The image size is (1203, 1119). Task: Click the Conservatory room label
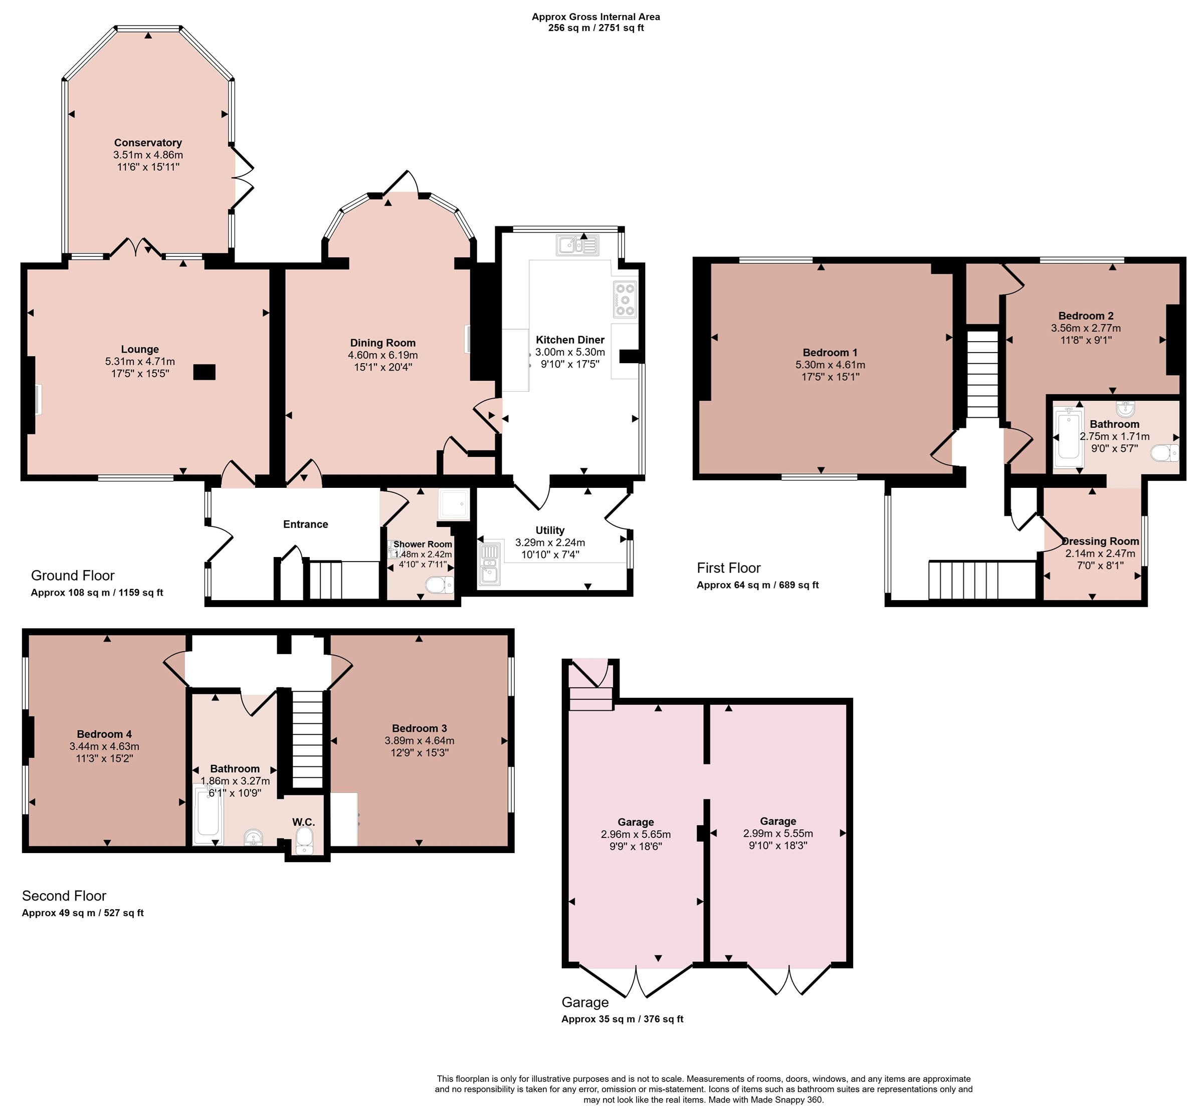pyautogui.click(x=148, y=143)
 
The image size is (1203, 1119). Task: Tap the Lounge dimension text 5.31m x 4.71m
pyautogui.click(x=140, y=362)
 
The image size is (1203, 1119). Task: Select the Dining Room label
pyautogui.click(x=383, y=343)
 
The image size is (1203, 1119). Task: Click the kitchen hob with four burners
pyautogui.click(x=625, y=299)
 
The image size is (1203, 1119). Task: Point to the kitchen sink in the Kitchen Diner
pyautogui.click(x=578, y=245)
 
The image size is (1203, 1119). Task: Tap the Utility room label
pyautogui.click(x=550, y=530)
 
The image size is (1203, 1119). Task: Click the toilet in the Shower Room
pyautogui.click(x=439, y=585)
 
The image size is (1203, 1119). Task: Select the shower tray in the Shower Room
pyautogui.click(x=453, y=504)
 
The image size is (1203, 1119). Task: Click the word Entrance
pyautogui.click(x=306, y=524)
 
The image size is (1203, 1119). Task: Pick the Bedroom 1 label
pyautogui.click(x=830, y=353)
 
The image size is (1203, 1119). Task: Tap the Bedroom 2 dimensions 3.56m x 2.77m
pyautogui.click(x=1086, y=329)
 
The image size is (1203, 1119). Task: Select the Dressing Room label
pyautogui.click(x=1100, y=541)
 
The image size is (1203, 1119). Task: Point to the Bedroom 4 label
pyautogui.click(x=104, y=734)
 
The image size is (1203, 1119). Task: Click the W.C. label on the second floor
pyautogui.click(x=304, y=822)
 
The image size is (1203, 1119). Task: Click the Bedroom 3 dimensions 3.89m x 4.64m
pyautogui.click(x=420, y=740)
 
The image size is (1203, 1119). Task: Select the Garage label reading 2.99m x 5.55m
pyautogui.click(x=778, y=833)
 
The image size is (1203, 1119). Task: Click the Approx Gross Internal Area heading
pyautogui.click(x=596, y=17)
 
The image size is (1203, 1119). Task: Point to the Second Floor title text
pyautogui.click(x=64, y=896)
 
